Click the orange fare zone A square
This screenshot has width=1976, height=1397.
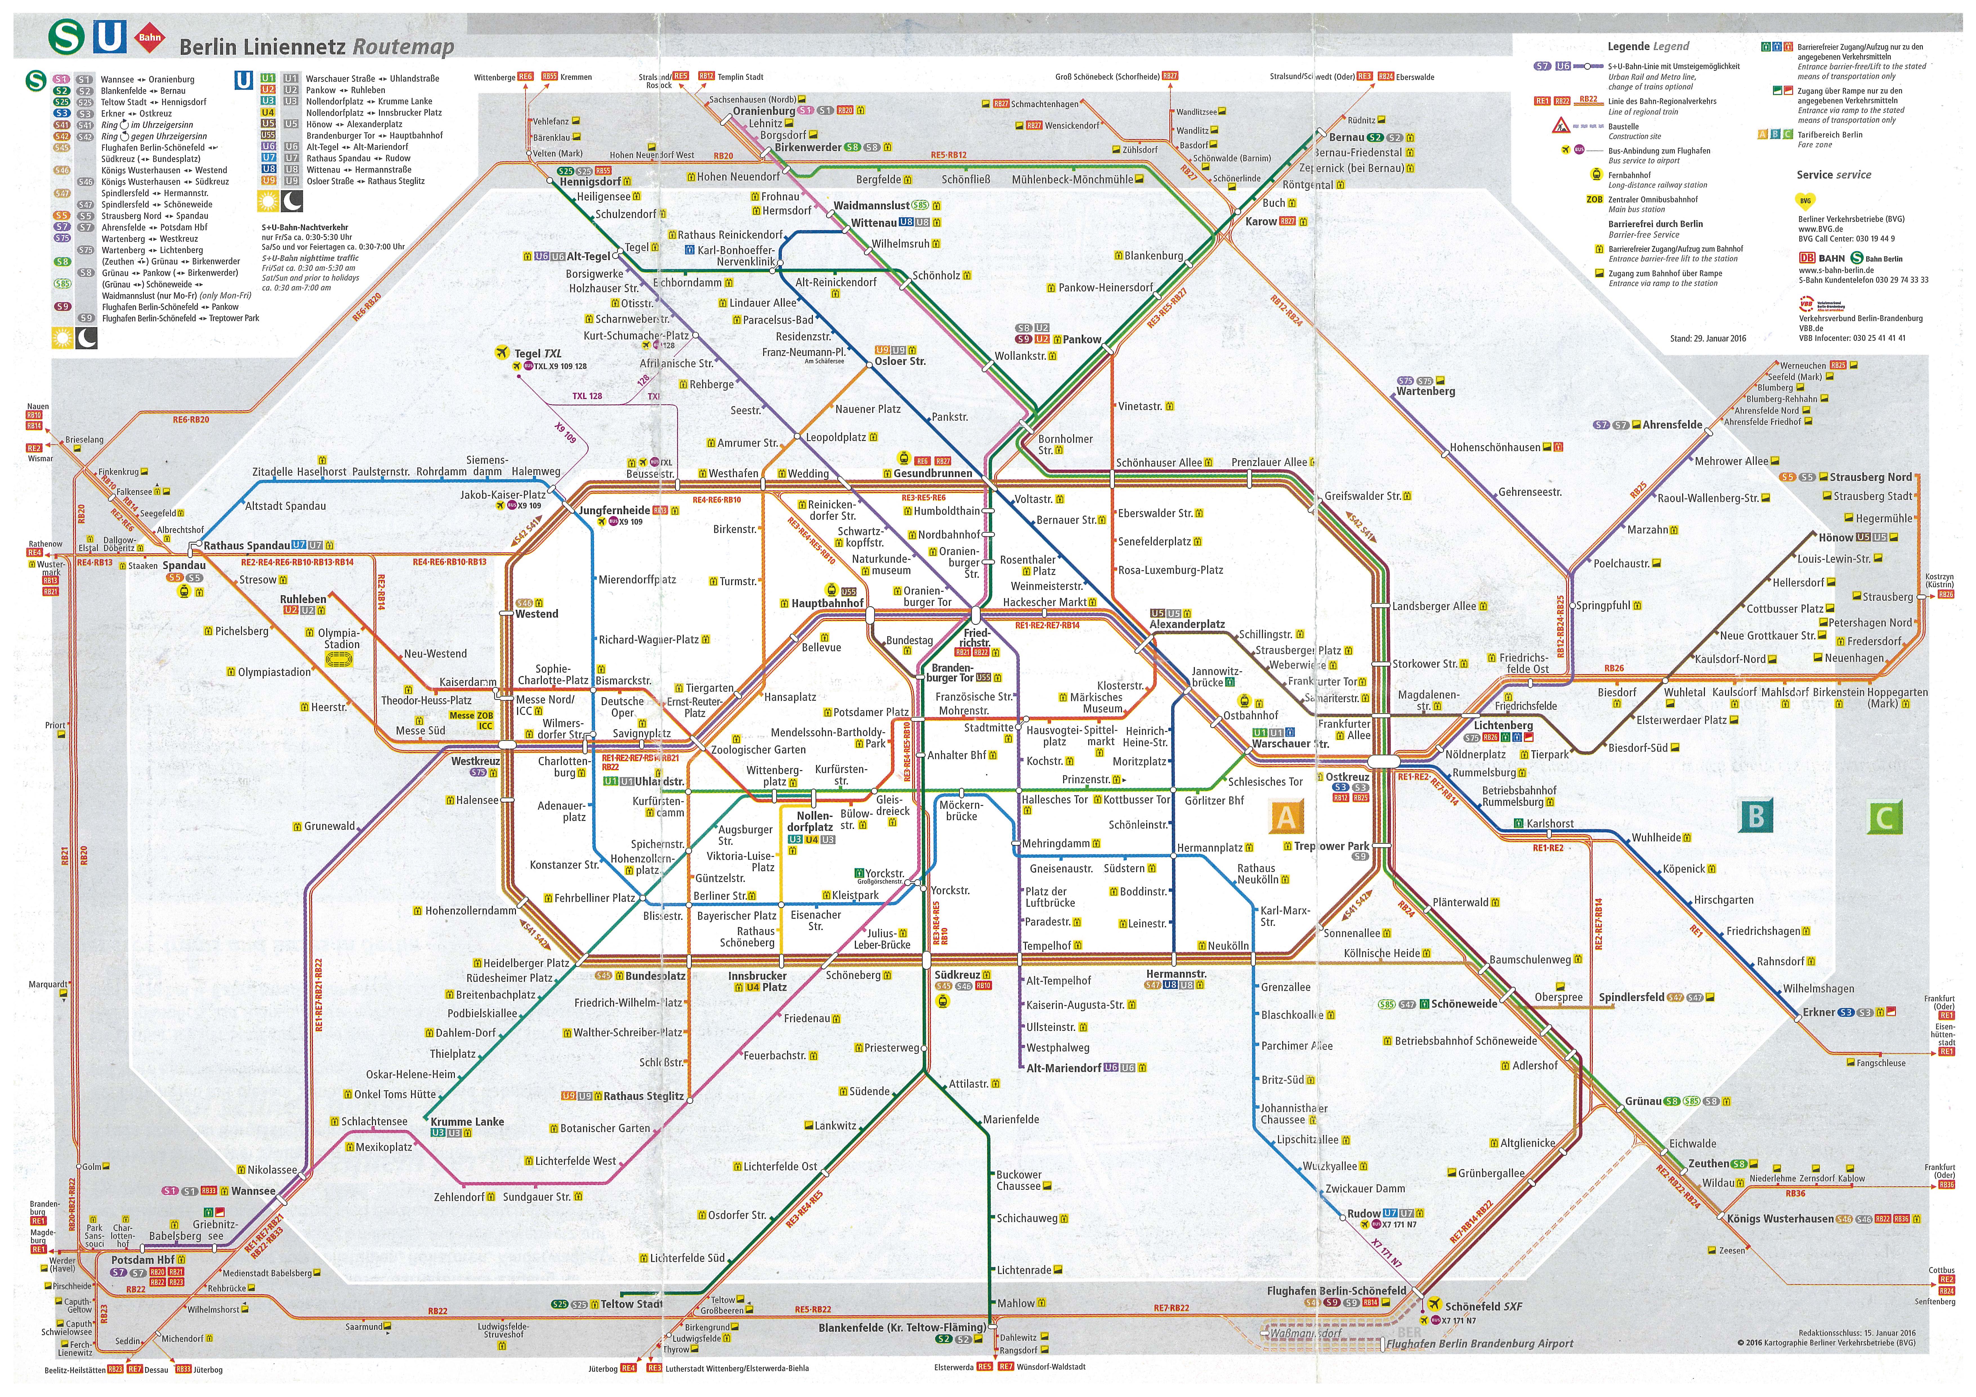(1286, 816)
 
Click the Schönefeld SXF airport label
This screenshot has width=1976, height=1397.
(1483, 1306)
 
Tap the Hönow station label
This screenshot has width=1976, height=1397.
(1835, 538)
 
